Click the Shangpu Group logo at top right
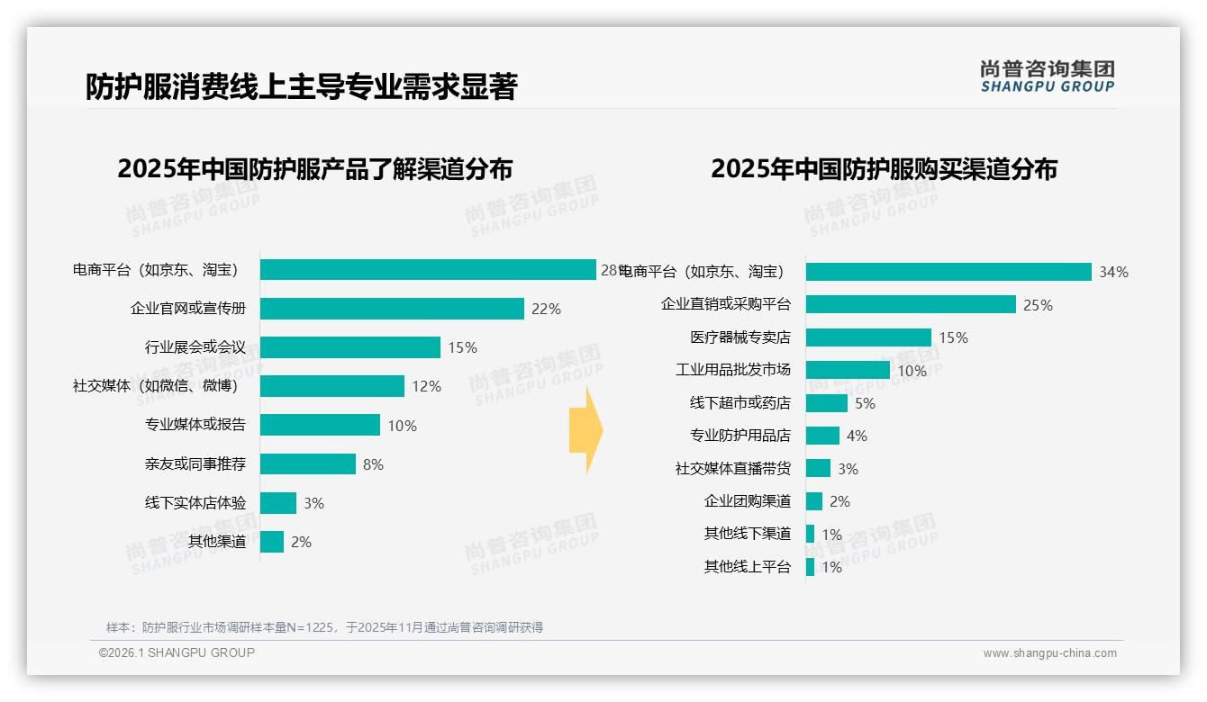(1048, 76)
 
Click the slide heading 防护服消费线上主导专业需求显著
(301, 86)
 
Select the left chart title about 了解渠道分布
(314, 169)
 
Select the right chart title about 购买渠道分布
(884, 169)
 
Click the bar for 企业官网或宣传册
(392, 309)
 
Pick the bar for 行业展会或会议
(350, 347)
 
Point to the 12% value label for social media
(426, 387)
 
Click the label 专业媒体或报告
(195, 425)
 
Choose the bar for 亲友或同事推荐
(308, 464)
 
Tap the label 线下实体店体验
(195, 503)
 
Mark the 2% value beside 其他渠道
(301, 542)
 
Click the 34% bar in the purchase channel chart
(948, 272)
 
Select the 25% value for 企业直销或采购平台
(1038, 305)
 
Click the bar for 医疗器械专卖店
(868, 337)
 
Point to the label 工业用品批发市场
(733, 370)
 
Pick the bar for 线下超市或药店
(827, 403)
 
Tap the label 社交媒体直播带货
(733, 469)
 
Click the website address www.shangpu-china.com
(1049, 653)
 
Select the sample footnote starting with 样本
(324, 627)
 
